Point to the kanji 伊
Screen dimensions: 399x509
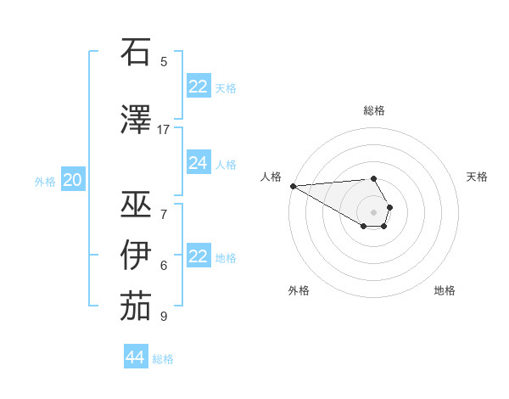pyautogui.click(x=137, y=254)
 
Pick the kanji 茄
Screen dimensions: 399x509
pyautogui.click(x=137, y=306)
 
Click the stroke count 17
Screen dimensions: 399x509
pyautogui.click(x=164, y=130)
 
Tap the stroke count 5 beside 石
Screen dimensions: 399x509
pyautogui.click(x=164, y=62)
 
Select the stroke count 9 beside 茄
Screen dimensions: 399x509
pyautogui.click(x=164, y=317)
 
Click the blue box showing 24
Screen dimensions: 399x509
pyautogui.click(x=198, y=164)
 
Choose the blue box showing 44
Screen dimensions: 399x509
pyautogui.click(x=135, y=357)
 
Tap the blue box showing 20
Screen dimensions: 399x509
pyautogui.click(x=72, y=180)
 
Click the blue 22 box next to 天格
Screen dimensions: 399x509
pyautogui.click(x=198, y=87)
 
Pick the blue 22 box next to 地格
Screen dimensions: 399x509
pyautogui.click(x=198, y=257)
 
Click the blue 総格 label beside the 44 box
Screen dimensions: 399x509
pyautogui.click(x=163, y=359)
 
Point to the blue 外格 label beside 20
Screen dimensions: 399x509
pyautogui.click(x=45, y=181)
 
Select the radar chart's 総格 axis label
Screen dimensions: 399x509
pyautogui.click(x=374, y=110)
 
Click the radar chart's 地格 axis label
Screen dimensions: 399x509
pyautogui.click(x=445, y=290)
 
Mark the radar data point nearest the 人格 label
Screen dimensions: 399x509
pyautogui.click(x=293, y=186)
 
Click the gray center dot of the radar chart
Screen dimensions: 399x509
pyautogui.click(x=373, y=211)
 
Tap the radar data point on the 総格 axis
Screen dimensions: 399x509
pyautogui.click(x=373, y=178)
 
